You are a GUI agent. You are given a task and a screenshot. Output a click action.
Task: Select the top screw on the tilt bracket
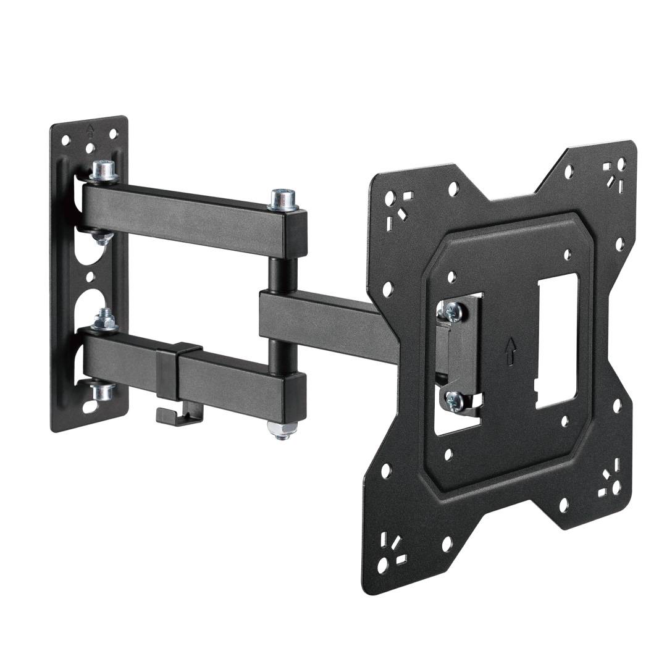(452, 312)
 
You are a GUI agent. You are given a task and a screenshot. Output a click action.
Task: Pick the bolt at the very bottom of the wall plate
(101, 392)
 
